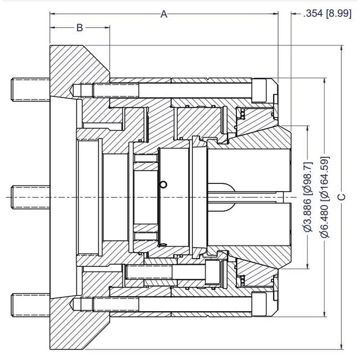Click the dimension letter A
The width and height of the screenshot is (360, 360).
pyautogui.click(x=164, y=14)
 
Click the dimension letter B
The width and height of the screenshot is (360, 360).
pyautogui.click(x=80, y=28)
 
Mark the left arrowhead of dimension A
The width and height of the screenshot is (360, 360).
pyautogui.click(x=53, y=14)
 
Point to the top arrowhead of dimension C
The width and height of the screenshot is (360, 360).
pyautogui.click(x=342, y=48)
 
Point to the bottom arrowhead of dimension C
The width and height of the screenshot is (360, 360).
pyautogui.click(x=342, y=346)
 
